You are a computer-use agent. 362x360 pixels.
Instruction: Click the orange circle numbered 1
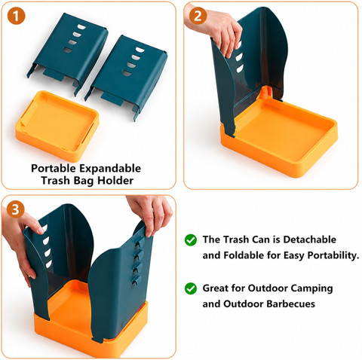coord(16,16)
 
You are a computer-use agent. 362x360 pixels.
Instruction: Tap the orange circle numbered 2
coord(198,16)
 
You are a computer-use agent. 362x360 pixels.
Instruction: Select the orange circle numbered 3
coord(16,209)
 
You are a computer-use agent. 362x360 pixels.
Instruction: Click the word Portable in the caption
coord(54,169)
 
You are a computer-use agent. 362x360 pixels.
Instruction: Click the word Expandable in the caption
coord(110,169)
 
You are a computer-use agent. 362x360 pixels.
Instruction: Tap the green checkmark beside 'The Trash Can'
coord(191,240)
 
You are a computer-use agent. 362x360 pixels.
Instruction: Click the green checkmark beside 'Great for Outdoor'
coord(191,288)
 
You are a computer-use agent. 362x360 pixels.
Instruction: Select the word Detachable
coord(309,239)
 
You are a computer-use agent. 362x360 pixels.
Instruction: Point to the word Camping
coord(311,288)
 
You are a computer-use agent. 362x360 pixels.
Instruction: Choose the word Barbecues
coord(290,304)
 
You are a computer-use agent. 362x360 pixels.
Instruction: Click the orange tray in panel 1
coord(57,126)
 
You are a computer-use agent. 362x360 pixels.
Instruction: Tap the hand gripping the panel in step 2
coord(218,29)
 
